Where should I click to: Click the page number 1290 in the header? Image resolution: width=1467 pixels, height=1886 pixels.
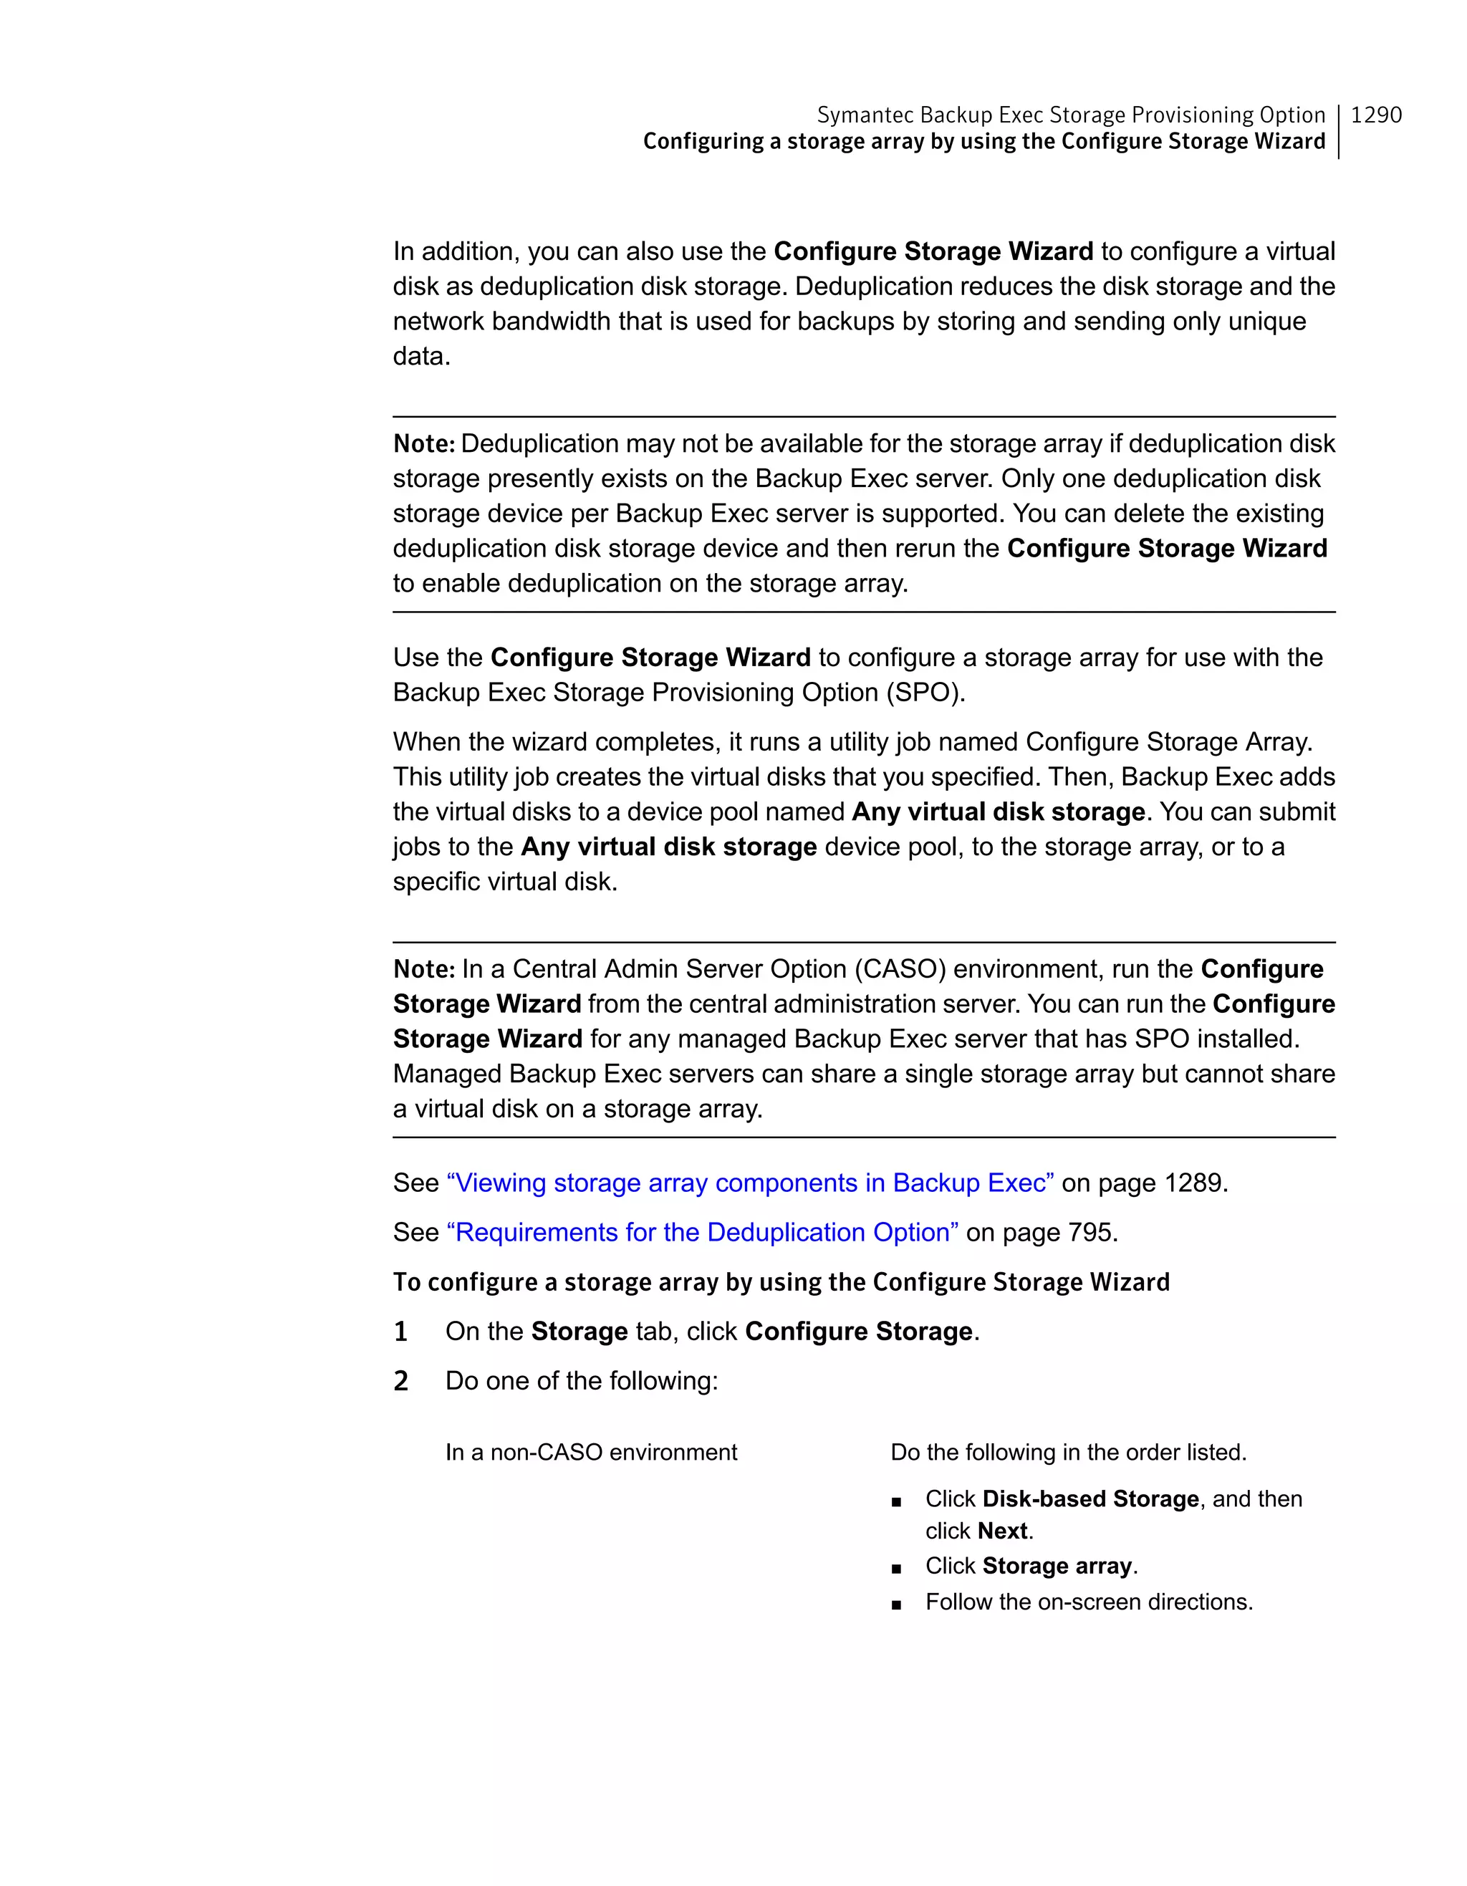[x=1375, y=115]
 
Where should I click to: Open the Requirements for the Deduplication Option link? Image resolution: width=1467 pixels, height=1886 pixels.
[x=702, y=1231]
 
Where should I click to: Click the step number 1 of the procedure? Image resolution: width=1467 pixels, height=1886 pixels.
[x=400, y=1332]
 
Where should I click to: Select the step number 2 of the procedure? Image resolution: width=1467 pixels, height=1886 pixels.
[x=400, y=1381]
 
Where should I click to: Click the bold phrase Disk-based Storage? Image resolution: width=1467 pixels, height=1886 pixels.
[x=1090, y=1498]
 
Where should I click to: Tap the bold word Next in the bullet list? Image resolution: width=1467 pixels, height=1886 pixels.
[x=1002, y=1531]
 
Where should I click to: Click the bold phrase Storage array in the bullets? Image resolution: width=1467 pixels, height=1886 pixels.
[x=1057, y=1566]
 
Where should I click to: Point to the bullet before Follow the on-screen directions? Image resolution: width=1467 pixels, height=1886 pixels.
[x=897, y=1604]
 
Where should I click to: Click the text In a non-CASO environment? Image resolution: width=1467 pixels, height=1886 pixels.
[x=591, y=1453]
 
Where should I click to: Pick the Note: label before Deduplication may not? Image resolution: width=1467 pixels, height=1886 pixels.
[x=423, y=444]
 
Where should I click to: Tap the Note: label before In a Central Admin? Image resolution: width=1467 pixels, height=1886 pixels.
[x=423, y=969]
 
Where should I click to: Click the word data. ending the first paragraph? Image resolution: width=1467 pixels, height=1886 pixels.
[x=421, y=356]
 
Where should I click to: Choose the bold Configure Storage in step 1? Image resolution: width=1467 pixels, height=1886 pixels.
[x=858, y=1332]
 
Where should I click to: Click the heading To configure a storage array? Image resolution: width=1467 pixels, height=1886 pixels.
[x=781, y=1281]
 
